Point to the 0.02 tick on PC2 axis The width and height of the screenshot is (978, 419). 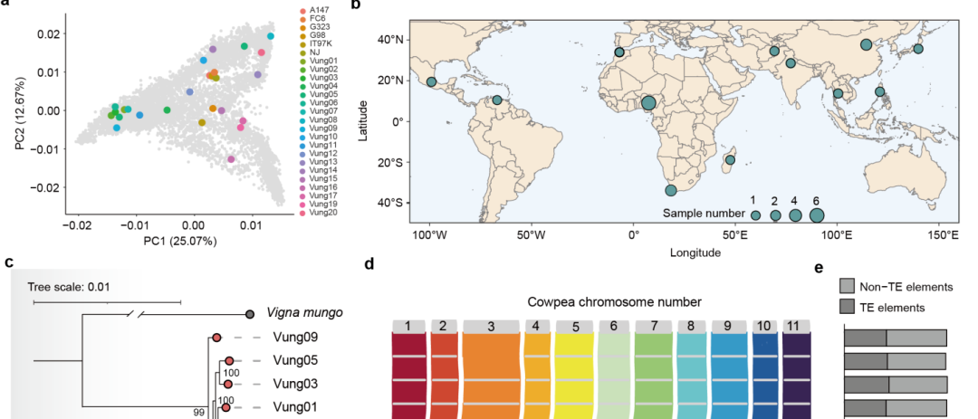click(47, 33)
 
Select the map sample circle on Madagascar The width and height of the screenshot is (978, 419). click(730, 160)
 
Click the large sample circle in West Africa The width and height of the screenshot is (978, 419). click(648, 103)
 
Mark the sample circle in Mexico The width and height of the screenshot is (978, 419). click(432, 81)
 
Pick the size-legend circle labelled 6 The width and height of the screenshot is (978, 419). click(817, 215)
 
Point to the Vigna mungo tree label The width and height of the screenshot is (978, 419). click(305, 314)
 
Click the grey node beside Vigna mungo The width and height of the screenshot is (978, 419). click(250, 315)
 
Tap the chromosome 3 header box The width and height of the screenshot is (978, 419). click(490, 326)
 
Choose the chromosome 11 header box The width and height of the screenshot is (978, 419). click(796, 326)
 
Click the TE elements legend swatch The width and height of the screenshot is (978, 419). click(849, 307)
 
